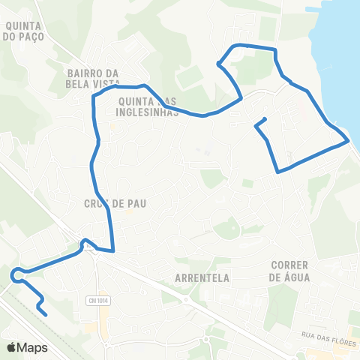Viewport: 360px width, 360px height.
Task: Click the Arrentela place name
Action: (x=201, y=277)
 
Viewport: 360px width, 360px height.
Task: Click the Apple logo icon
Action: (x=11, y=347)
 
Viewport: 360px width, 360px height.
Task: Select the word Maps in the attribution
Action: (x=32, y=347)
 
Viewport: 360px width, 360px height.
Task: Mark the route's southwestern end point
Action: (x=47, y=315)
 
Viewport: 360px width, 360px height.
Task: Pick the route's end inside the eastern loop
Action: (x=265, y=120)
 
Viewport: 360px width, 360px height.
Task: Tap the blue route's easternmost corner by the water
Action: (x=348, y=140)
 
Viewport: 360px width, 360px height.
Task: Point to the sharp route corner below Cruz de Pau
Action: (x=113, y=251)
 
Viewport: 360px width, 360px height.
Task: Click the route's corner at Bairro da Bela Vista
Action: (x=93, y=97)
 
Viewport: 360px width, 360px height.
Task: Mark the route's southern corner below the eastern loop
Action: (x=278, y=172)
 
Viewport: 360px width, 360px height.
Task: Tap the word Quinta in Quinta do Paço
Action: (x=19, y=24)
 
